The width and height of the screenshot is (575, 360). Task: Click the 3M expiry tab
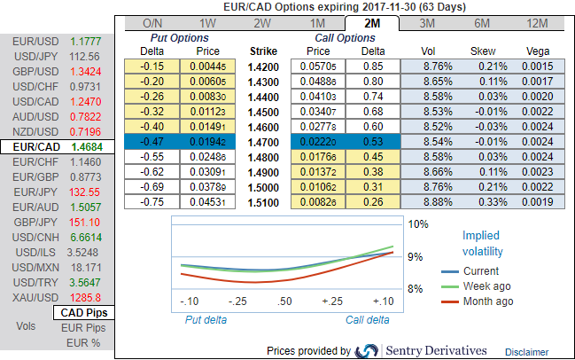(x=427, y=23)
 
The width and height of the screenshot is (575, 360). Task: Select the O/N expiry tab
(x=152, y=23)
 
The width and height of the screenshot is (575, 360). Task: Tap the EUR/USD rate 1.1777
(x=91, y=42)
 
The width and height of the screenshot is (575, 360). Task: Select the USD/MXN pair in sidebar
(x=33, y=265)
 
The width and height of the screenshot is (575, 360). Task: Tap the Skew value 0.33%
(x=482, y=201)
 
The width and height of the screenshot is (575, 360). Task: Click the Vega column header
(x=537, y=51)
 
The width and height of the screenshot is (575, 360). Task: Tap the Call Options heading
(x=346, y=38)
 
